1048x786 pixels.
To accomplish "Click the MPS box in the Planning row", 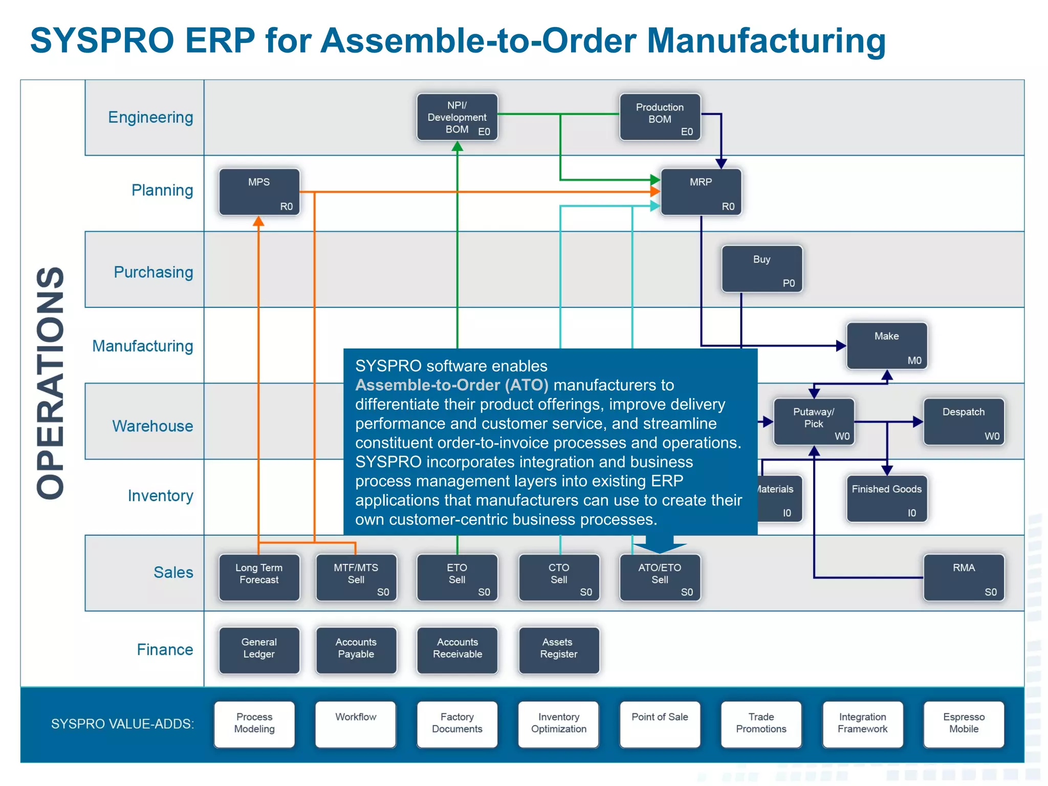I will click(259, 192).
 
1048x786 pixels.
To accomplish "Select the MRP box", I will click(701, 192).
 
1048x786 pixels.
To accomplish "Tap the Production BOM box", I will click(660, 117).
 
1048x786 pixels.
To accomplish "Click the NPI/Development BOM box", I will click(456, 117).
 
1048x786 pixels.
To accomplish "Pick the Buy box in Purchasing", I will click(761, 269).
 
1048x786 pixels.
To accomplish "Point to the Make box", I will click(886, 345).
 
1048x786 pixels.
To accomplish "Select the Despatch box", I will click(963, 422).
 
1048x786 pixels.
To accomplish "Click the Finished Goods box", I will click(886, 498).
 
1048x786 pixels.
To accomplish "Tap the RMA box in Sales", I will click(963, 577).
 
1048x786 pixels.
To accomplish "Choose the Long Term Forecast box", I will click(259, 577).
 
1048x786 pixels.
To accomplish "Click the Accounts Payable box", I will click(356, 649).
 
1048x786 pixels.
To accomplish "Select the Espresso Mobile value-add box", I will click(963, 724).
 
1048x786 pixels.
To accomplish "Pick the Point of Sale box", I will click(659, 724).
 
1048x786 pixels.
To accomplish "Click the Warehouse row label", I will click(152, 426).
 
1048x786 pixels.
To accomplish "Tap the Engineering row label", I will click(150, 117).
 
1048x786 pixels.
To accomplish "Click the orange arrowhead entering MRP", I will click(655, 192).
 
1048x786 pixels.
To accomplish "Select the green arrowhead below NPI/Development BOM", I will click(457, 147).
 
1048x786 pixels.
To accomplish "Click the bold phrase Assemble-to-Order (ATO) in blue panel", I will click(451, 385).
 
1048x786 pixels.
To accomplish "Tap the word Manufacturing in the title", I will click(766, 40).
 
